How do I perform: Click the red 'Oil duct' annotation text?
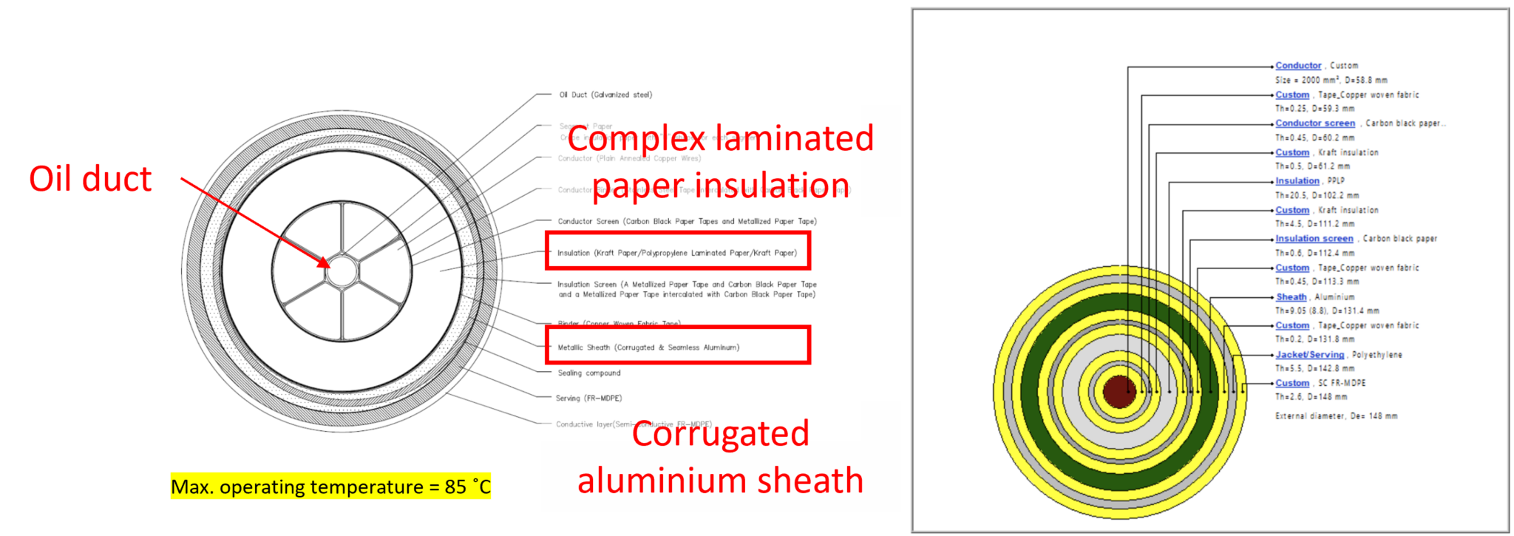[x=90, y=179]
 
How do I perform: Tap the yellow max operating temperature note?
[x=330, y=486]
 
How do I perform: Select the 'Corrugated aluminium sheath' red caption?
[x=720, y=457]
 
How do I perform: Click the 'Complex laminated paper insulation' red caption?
[x=720, y=161]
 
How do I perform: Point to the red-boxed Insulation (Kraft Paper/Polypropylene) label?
[x=677, y=253]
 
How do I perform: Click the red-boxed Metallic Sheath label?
[x=648, y=347]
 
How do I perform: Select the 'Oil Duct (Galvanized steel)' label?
[x=605, y=95]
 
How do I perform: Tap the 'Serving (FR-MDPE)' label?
[x=588, y=398]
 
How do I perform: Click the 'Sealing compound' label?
[x=588, y=373]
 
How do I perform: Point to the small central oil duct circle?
[x=342, y=271]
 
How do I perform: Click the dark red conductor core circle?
[x=1118, y=392]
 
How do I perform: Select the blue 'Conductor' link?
[x=1297, y=66]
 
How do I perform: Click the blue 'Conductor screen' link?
[x=1314, y=123]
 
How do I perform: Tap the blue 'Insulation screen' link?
[x=1314, y=239]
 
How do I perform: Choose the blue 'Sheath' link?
[x=1291, y=297]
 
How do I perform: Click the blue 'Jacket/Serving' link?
[x=1309, y=355]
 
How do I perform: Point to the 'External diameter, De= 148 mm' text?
[x=1336, y=416]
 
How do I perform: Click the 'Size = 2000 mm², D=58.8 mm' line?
[x=1331, y=80]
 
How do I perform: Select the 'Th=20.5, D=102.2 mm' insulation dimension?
[x=1317, y=195]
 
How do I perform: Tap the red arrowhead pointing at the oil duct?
[x=325, y=263]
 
